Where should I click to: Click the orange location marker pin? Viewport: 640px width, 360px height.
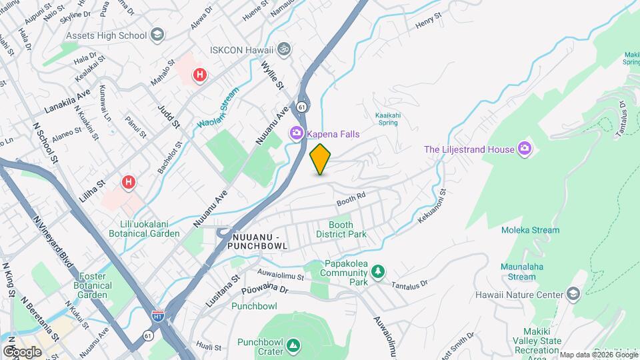(x=321, y=159)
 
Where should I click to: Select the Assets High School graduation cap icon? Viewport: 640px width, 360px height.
(x=157, y=35)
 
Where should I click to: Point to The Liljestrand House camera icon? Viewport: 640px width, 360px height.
(x=525, y=149)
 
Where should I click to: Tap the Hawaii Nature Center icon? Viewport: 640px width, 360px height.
(x=573, y=294)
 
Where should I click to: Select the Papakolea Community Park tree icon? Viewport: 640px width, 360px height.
(x=379, y=271)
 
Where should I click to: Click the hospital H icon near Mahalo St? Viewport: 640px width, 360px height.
(x=199, y=76)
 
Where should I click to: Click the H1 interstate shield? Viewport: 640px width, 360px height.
(x=158, y=315)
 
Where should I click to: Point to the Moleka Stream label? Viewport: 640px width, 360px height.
(x=530, y=230)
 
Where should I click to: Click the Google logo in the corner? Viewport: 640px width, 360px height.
(x=22, y=351)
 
